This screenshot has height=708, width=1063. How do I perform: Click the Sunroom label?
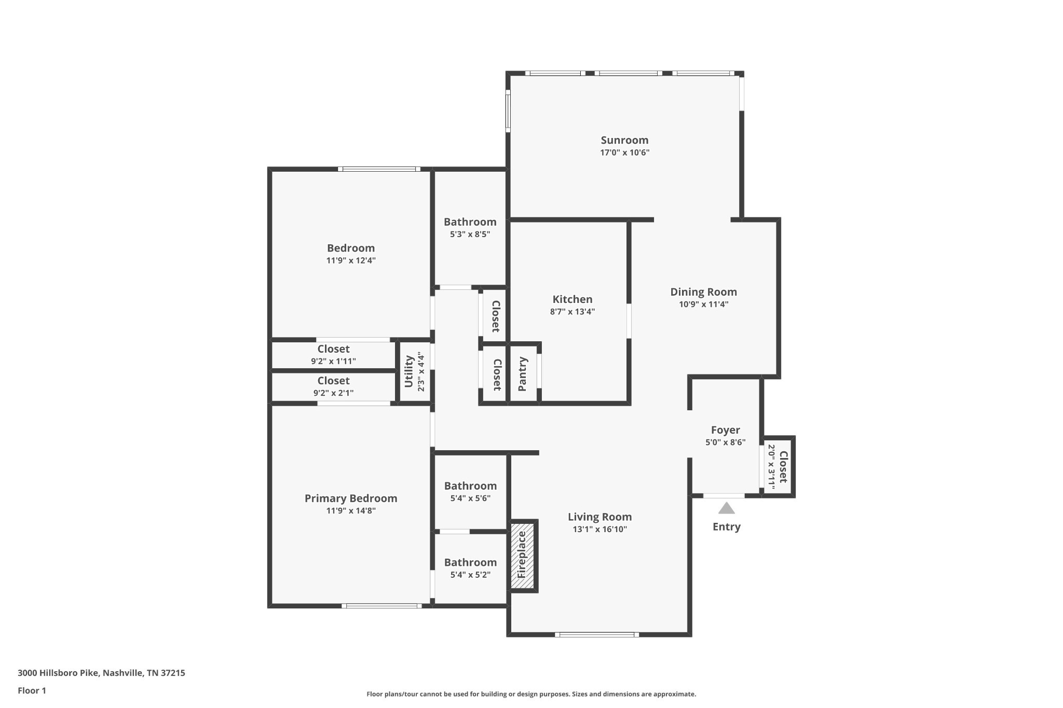pos(624,140)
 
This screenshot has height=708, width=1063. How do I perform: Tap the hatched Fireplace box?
pos(522,555)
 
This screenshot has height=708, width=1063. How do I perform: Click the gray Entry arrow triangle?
pos(726,508)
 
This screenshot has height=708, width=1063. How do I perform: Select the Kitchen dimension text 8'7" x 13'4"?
pos(572,312)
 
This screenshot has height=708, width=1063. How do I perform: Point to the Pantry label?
pos(523,374)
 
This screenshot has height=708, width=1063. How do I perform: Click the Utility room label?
pos(408,371)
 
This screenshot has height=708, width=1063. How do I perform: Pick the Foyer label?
pos(725,430)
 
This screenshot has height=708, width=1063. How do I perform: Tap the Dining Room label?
pos(703,292)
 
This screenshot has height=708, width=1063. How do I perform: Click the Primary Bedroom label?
pos(351,498)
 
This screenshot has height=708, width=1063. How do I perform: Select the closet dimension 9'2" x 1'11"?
pos(333,361)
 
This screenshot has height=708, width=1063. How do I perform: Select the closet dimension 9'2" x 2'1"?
pos(333,393)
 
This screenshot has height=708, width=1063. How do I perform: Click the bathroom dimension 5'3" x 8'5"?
pos(470,234)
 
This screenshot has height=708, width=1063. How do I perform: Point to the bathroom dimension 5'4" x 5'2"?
pos(470,575)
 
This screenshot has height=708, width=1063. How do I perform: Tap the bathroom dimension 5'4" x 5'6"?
pos(470,498)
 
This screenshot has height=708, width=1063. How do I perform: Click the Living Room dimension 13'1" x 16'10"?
pos(599,529)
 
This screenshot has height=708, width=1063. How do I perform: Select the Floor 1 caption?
pos(32,690)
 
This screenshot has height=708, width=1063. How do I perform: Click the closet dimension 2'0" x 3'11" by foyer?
pos(771,467)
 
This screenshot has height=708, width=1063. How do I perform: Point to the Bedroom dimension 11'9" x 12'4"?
pos(351,260)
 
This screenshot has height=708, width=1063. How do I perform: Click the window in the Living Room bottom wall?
pos(597,634)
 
